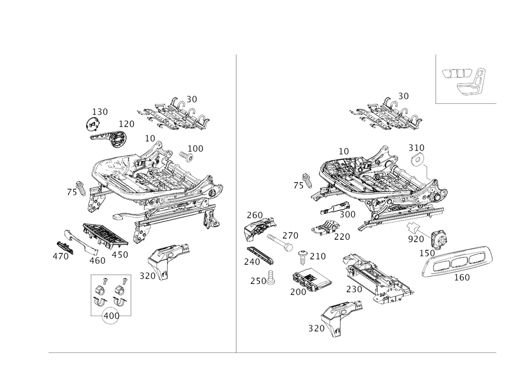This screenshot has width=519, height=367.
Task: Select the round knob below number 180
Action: pos(92,124)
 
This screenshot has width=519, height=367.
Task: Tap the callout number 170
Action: pos(127,124)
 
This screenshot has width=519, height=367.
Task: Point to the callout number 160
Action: pos(196,148)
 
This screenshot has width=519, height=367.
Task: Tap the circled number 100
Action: pos(110,316)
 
